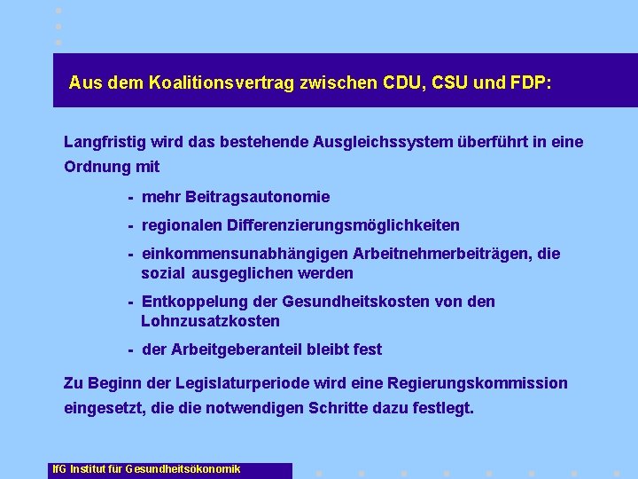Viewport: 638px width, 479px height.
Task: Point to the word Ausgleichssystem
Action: [x=383, y=142]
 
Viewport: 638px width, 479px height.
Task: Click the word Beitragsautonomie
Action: [x=257, y=197]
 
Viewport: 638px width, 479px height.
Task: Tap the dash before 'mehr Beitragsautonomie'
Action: [x=130, y=197]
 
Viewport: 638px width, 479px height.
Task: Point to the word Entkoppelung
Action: [x=190, y=302]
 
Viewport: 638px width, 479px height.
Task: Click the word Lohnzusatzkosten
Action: [x=210, y=321]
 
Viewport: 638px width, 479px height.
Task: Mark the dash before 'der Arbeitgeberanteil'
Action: [x=130, y=349]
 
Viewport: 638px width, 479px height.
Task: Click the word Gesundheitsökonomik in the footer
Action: [x=183, y=468]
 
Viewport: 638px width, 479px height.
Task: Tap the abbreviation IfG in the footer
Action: [x=58, y=468]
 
